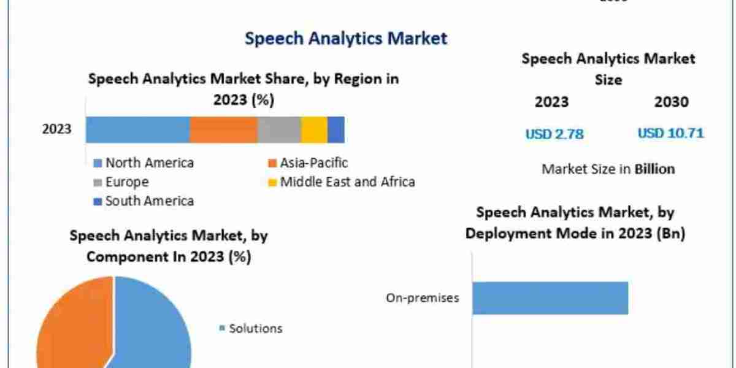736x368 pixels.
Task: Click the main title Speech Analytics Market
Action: point(346,38)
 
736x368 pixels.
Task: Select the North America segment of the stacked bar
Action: point(137,129)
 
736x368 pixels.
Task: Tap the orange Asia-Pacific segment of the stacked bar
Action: point(223,129)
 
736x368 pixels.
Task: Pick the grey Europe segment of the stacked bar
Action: point(279,129)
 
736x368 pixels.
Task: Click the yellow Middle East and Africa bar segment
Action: point(314,129)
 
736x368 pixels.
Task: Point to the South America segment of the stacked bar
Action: point(335,129)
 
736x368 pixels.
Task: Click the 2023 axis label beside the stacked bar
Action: point(56,129)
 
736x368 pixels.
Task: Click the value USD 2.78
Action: point(554,133)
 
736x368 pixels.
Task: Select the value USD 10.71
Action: point(670,132)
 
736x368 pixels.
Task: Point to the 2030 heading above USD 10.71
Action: point(671,102)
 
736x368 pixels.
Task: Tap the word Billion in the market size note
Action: point(654,169)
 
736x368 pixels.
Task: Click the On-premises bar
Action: point(550,298)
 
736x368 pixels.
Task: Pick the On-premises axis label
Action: point(423,298)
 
